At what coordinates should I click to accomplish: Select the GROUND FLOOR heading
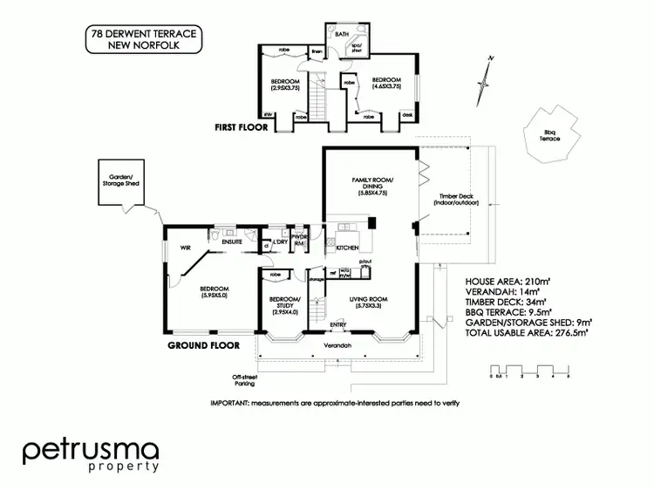[202, 345]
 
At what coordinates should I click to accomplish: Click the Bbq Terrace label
[548, 135]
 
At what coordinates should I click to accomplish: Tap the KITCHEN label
[347, 248]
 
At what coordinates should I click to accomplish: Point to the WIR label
[186, 248]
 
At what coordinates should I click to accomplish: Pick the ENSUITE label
[232, 242]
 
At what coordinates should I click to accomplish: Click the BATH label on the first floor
[342, 35]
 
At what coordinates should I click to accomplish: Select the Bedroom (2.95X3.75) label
[284, 84]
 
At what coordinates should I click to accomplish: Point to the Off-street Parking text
[244, 381]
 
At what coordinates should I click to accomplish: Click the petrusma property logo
[90, 454]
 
